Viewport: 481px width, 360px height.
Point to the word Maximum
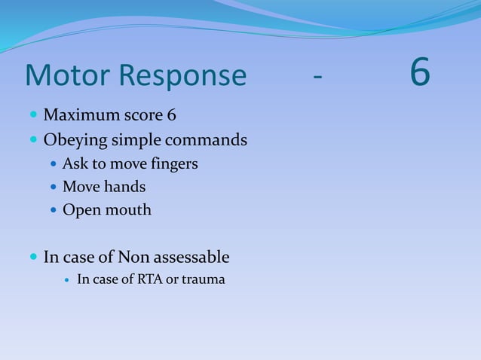[78, 116]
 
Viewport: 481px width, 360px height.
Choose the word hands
[125, 186]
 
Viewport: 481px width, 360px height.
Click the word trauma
[203, 281]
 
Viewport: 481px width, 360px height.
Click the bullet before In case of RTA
[68, 282]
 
